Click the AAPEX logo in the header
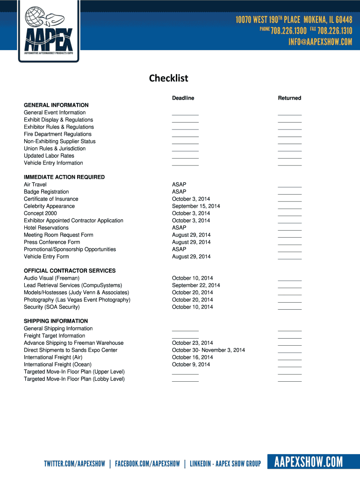tap(49, 31)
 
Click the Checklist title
tap(168, 78)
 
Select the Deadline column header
tap(183, 98)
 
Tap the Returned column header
tap(289, 98)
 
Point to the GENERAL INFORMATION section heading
tap(56, 105)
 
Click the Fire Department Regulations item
tap(58, 134)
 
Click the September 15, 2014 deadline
tap(196, 206)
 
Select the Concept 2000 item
tap(40, 213)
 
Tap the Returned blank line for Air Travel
tap(289, 186)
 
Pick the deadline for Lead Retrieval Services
tap(196, 285)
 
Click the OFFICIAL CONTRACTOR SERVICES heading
tap(70, 271)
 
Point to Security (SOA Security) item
tap(52, 307)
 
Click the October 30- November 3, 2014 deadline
tap(209, 350)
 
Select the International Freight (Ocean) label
tap(58, 364)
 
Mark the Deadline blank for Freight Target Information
tap(185, 337)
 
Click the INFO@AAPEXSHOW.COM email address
tap(320, 42)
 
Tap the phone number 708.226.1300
tap(288, 31)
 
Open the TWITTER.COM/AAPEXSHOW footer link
tap(75, 464)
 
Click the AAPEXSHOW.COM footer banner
tap(309, 463)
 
